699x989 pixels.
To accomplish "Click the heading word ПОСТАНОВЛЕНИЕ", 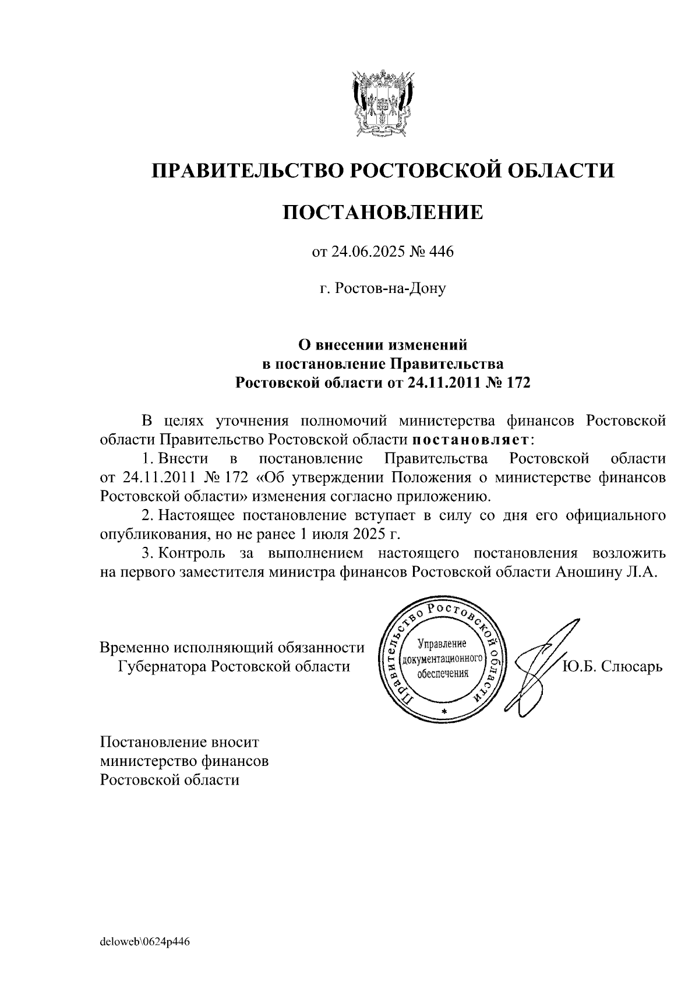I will tap(383, 212).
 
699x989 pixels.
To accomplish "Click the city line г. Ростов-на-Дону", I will tap(383, 288).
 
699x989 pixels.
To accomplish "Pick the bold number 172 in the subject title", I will tap(518, 383).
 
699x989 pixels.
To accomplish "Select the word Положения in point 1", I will tap(430, 478).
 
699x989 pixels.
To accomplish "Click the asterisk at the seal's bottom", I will tap(444, 713).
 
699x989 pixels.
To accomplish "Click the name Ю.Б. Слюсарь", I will tap(612, 666).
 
